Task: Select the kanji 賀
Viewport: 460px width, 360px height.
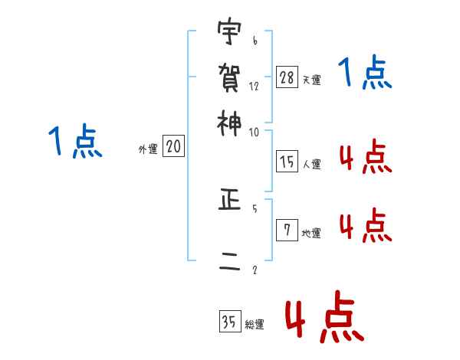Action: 230,77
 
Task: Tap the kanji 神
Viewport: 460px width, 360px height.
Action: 230,123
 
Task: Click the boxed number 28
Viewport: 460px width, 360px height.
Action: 287,77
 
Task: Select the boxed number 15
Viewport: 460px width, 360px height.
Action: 287,161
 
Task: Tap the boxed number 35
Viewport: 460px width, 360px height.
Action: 230,322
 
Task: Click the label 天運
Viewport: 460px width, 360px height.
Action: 311,80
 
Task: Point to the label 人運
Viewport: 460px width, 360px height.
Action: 311,164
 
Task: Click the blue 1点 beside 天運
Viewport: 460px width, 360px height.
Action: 365,74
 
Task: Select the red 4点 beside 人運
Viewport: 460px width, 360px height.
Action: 365,159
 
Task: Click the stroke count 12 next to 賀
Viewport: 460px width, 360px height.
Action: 254,86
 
